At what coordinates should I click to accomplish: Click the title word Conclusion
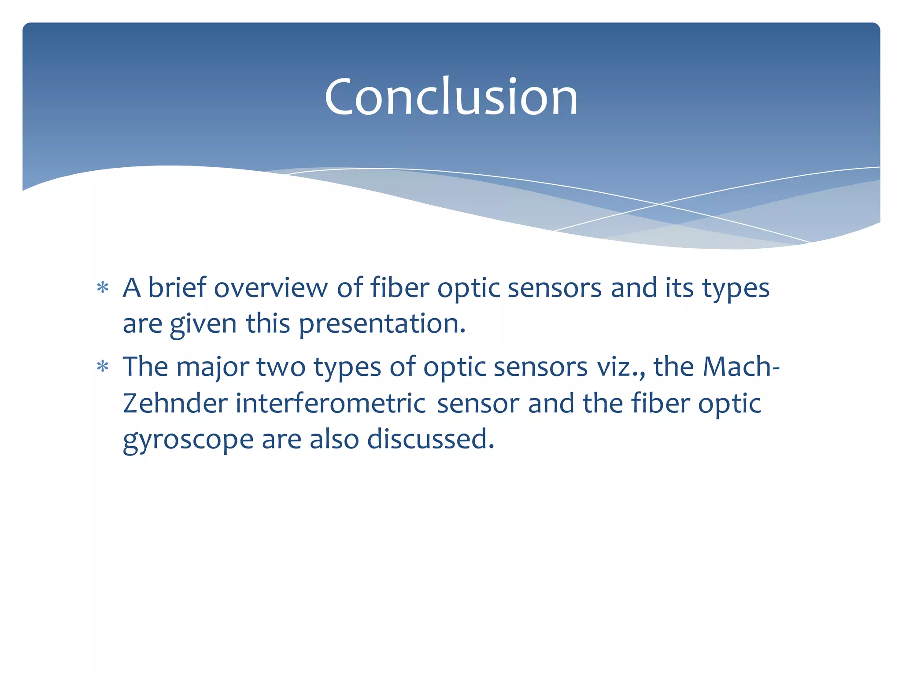(x=451, y=97)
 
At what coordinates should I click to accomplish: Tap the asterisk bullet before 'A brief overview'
(x=103, y=288)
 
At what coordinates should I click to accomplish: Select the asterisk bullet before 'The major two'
(x=103, y=367)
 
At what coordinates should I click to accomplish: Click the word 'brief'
(x=177, y=288)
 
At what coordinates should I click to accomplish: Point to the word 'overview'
(x=271, y=289)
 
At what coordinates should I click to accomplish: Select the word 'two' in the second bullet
(x=281, y=367)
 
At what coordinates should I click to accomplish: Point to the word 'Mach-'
(x=741, y=366)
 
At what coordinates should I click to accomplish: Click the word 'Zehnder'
(x=175, y=403)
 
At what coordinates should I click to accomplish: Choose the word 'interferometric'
(x=330, y=403)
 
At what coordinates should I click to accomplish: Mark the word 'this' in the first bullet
(x=268, y=324)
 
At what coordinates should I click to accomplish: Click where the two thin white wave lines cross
(x=659, y=204)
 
